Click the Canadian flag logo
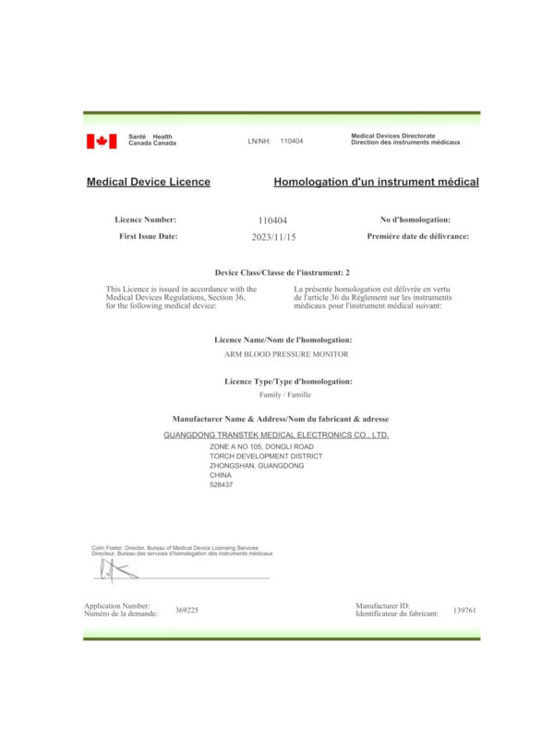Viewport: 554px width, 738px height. click(102, 141)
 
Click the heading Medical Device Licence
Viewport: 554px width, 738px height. click(148, 182)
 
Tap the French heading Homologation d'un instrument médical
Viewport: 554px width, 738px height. click(376, 182)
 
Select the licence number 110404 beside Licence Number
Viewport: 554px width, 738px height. click(273, 220)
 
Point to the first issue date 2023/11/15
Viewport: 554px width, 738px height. click(273, 237)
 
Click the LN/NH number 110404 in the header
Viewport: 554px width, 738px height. click(291, 141)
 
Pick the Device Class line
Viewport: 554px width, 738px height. click(283, 273)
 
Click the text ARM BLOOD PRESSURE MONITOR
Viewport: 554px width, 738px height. click(275, 353)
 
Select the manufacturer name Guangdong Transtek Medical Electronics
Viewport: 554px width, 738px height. click(276, 434)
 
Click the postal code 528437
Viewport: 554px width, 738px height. click(222, 485)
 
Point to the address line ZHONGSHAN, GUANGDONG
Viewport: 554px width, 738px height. click(257, 466)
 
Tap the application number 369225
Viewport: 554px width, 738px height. click(187, 610)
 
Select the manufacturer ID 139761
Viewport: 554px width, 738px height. click(464, 610)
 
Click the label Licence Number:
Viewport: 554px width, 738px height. click(145, 220)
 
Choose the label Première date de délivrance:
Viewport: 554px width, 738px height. click(417, 237)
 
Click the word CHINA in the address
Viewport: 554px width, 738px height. click(221, 476)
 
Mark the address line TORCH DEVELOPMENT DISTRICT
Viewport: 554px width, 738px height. click(266, 456)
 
